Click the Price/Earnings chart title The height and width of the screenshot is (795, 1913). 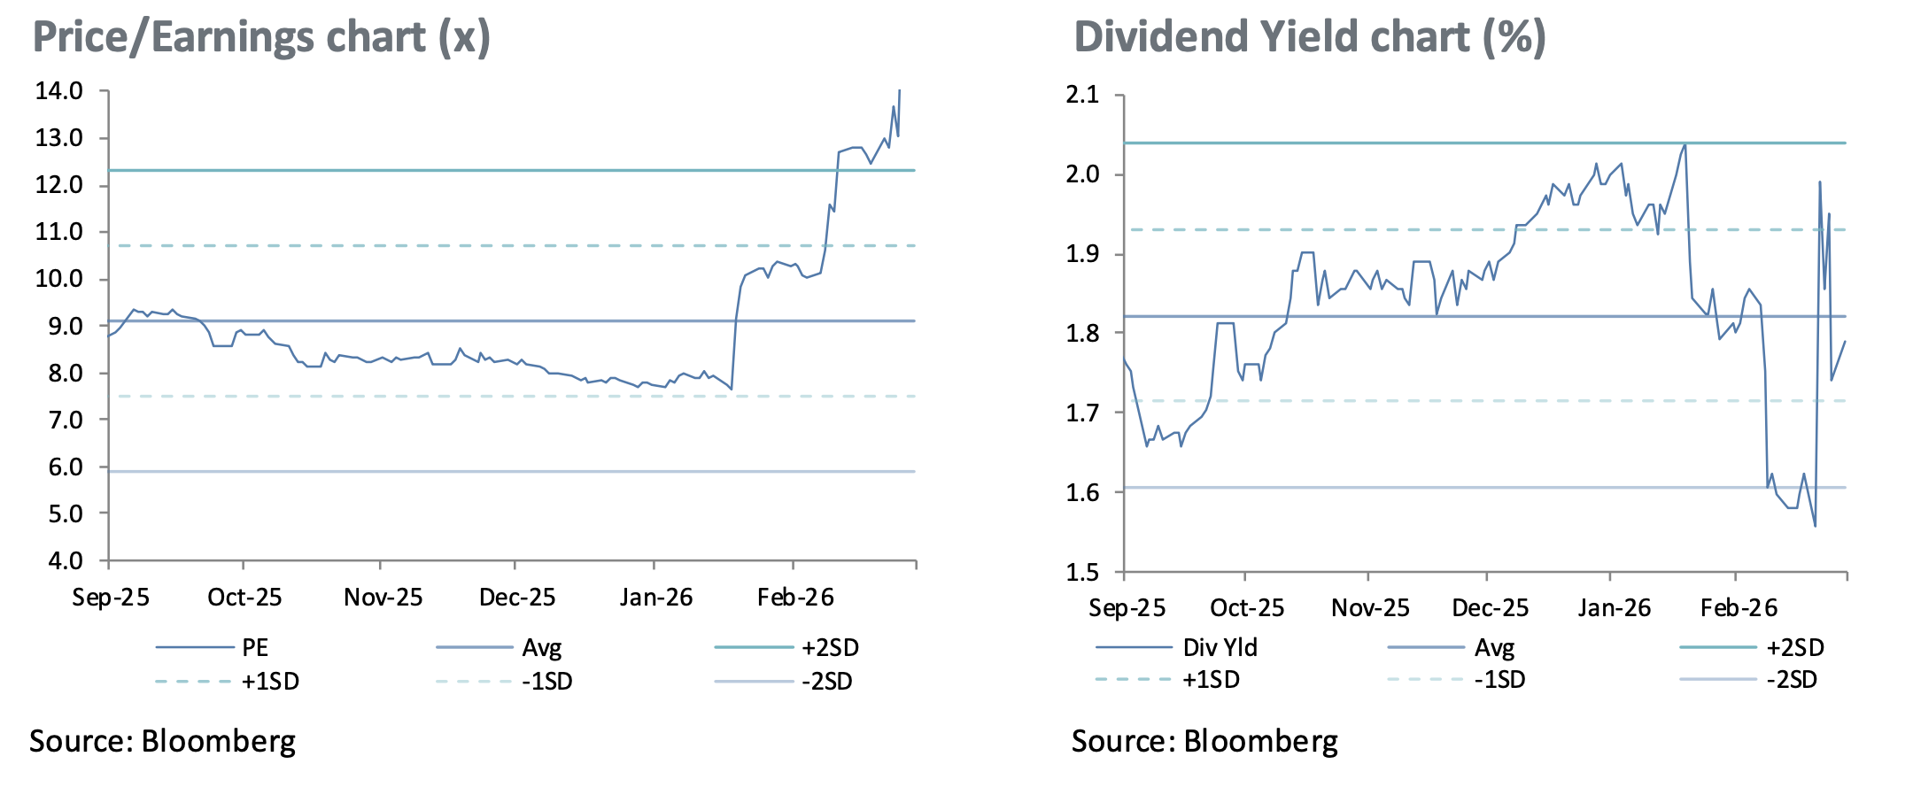click(x=261, y=37)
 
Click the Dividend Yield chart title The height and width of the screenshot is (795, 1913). click(x=1309, y=37)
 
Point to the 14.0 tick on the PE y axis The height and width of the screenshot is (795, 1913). click(x=58, y=91)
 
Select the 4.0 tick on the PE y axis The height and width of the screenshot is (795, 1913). click(x=58, y=560)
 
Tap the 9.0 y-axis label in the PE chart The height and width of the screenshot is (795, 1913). click(x=58, y=326)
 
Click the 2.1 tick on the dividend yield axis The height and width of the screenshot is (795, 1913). click(x=1082, y=95)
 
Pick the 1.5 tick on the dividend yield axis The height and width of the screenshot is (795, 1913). click(x=1082, y=572)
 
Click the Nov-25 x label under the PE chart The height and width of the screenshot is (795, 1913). click(x=383, y=598)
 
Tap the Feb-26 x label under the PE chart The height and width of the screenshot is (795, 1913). click(x=795, y=598)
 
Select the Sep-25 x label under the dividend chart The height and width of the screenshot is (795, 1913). click(x=1127, y=608)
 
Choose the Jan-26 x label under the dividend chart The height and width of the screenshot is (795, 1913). click(x=1614, y=608)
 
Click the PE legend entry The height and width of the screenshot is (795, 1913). click(x=255, y=648)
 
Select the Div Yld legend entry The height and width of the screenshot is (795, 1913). click(x=1220, y=648)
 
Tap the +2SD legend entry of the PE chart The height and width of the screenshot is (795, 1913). click(x=830, y=648)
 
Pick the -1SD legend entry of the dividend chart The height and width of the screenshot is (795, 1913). click(x=1499, y=680)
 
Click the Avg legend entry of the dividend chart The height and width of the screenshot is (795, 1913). click(x=1494, y=648)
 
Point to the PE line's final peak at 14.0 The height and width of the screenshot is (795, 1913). click(x=900, y=90)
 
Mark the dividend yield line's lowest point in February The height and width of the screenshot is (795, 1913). click(x=1815, y=527)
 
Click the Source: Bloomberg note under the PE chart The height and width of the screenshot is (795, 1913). click(x=162, y=741)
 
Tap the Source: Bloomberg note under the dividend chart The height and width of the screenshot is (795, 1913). click(x=1204, y=741)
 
